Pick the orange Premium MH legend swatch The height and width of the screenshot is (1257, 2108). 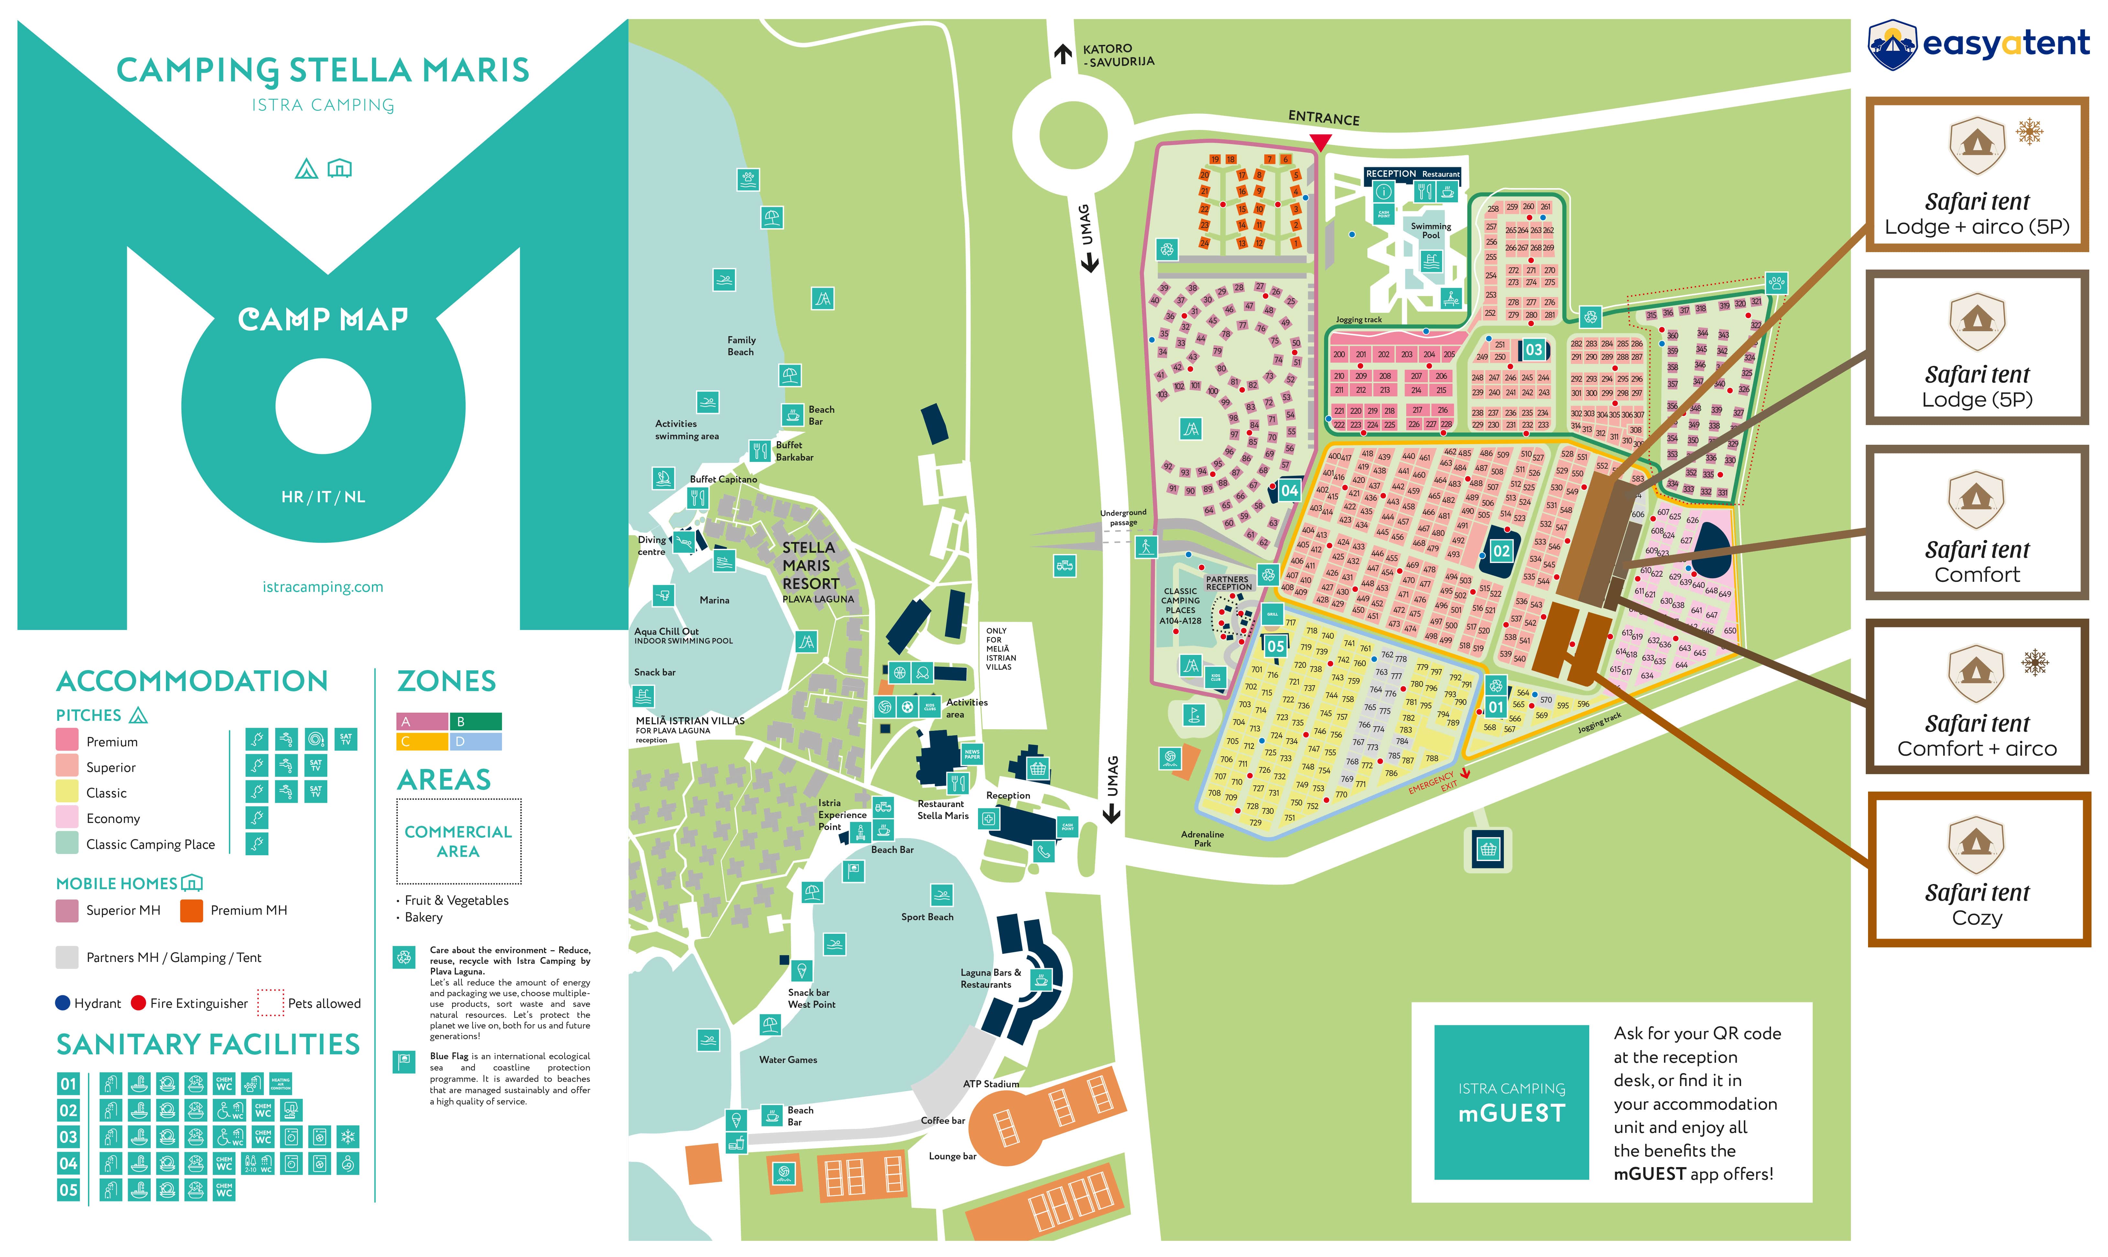pyautogui.click(x=191, y=911)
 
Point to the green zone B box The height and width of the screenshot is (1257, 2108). pyautogui.click(x=474, y=722)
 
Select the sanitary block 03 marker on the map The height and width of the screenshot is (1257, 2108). pyautogui.click(x=1534, y=350)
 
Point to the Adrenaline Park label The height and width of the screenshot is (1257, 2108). pyautogui.click(x=1202, y=838)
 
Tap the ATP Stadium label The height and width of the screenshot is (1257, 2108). pyautogui.click(x=991, y=1084)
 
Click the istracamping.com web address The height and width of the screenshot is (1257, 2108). pyautogui.click(x=323, y=587)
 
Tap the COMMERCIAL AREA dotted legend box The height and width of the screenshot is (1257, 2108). pyautogui.click(x=458, y=841)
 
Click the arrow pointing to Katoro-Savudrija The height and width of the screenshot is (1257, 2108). pyautogui.click(x=1062, y=54)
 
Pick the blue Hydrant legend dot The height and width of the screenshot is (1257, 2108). pyautogui.click(x=63, y=1003)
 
